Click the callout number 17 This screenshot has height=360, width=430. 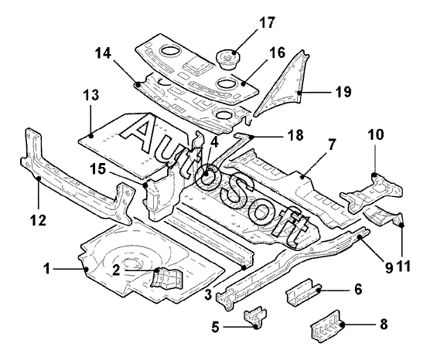coord(267,22)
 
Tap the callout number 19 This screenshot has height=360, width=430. coord(343,91)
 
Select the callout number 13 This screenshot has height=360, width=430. coord(91,95)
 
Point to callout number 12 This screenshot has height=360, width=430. coord(38,220)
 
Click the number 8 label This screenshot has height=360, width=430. coord(384,324)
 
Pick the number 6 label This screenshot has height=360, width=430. coord(358,289)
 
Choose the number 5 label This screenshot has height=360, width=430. coord(216,327)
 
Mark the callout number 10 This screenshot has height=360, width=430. coord(376,134)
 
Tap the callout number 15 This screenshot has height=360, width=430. coord(99,168)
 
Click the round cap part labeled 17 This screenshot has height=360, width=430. coord(228,59)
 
